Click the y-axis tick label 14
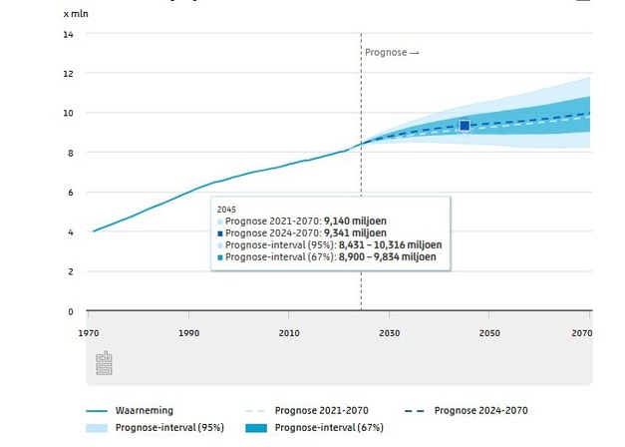pyautogui.click(x=68, y=34)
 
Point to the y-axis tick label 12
pyautogui.click(x=68, y=74)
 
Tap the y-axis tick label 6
pyautogui.click(x=70, y=193)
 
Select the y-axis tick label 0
pyautogui.click(x=70, y=311)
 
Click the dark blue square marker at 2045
pyautogui.click(x=465, y=125)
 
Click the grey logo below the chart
pyautogui.click(x=105, y=364)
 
